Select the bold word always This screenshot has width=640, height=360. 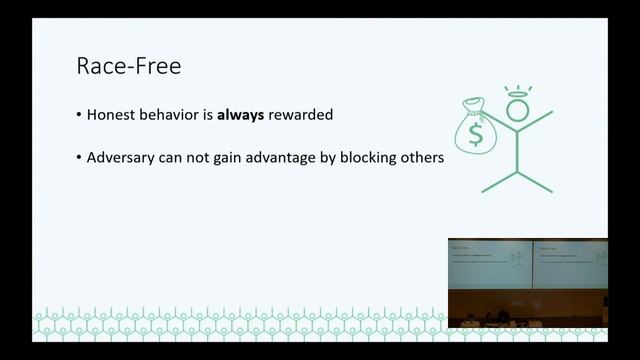click(239, 115)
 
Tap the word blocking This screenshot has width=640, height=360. click(385, 157)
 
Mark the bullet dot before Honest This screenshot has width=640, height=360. click(79, 116)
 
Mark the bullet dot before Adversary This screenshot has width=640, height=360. click(79, 158)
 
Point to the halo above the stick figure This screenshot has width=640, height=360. click(516, 91)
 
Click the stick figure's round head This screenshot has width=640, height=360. click(516, 109)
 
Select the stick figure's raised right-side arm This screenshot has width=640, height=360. click(541, 121)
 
